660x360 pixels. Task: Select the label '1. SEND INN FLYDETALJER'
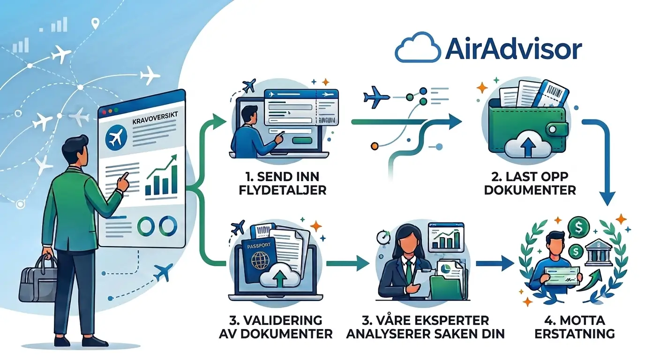(x=282, y=183)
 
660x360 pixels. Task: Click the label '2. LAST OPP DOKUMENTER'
(x=530, y=183)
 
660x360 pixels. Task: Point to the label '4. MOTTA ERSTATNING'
(x=575, y=327)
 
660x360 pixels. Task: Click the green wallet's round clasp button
(x=553, y=129)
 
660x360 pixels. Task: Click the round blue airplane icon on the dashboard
(x=116, y=137)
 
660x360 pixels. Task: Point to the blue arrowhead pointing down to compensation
(x=607, y=199)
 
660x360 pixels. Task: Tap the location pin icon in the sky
(x=95, y=23)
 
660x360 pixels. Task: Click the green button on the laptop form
(x=302, y=141)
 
